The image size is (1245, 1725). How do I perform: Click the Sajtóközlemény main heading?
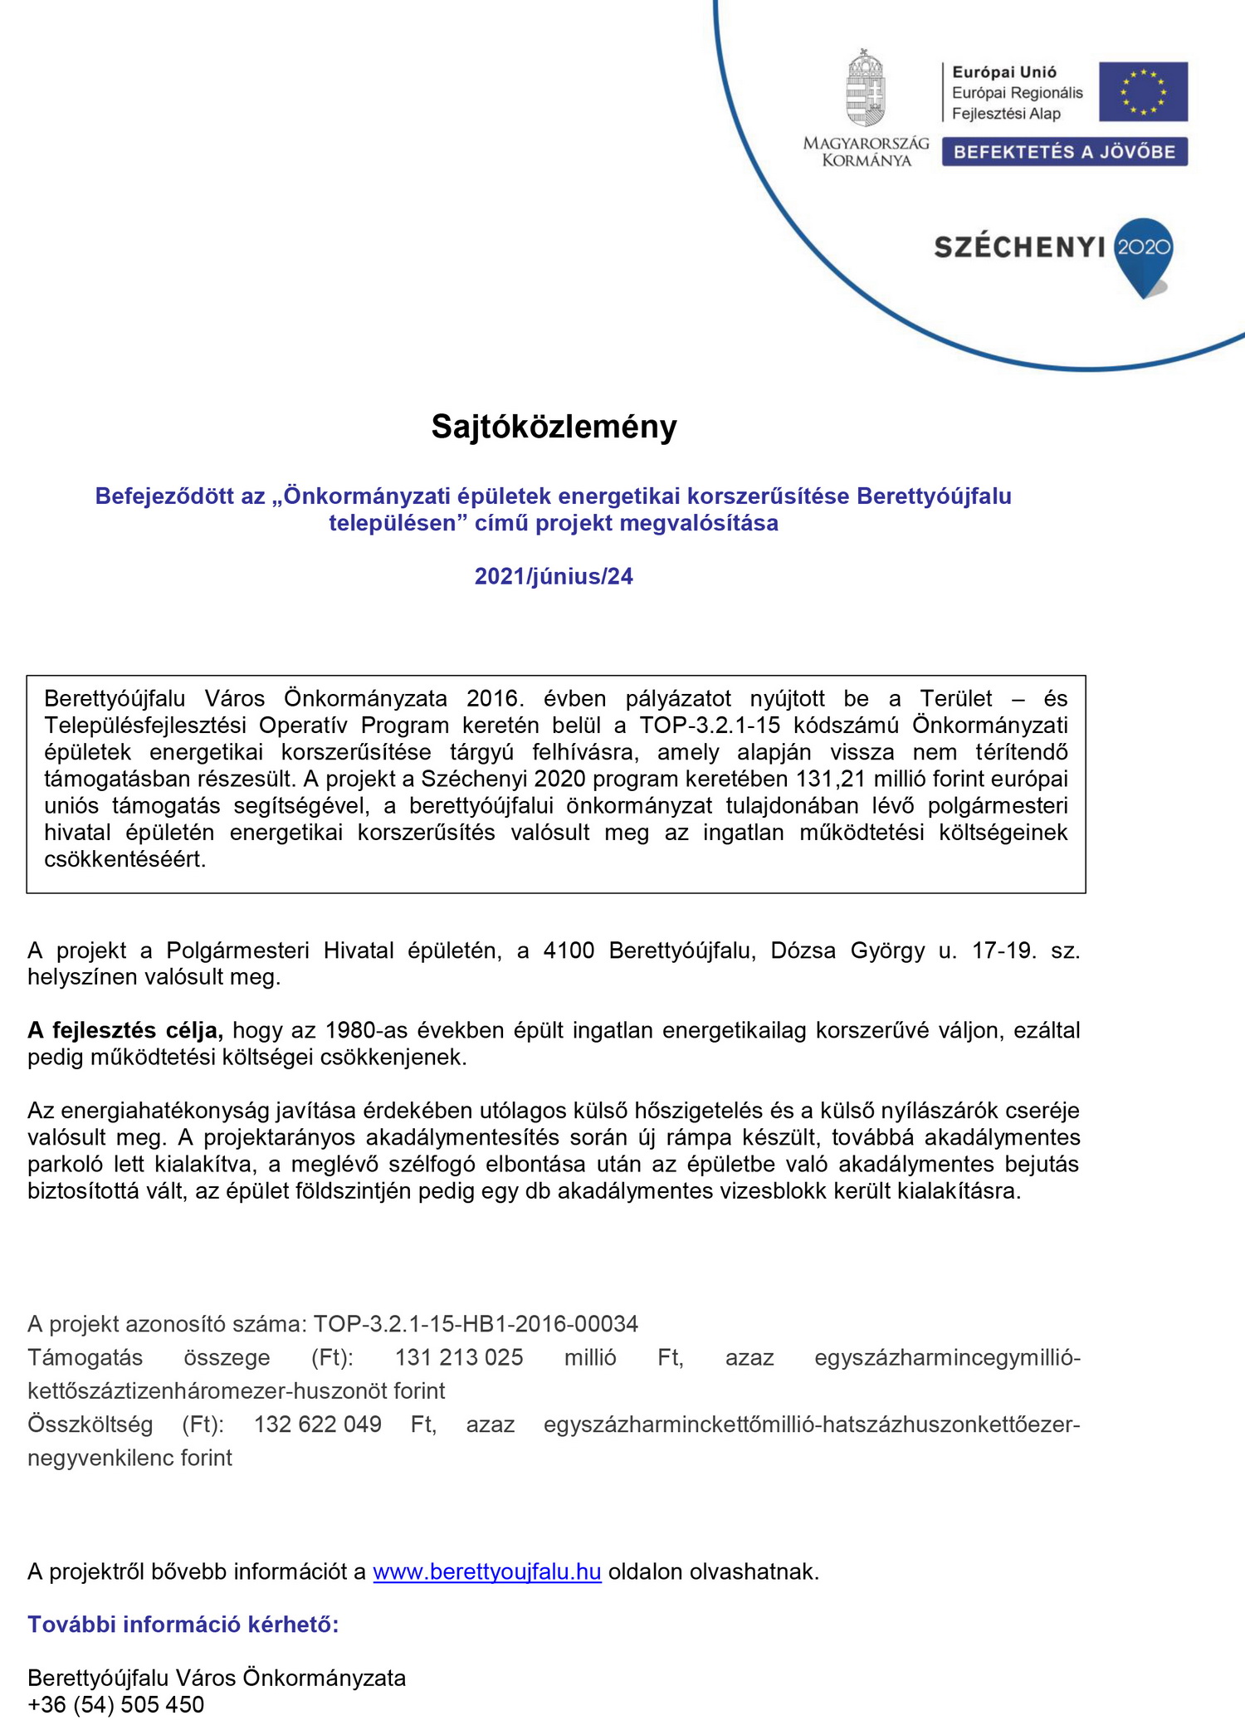tap(554, 427)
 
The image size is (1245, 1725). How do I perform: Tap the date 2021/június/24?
tap(554, 576)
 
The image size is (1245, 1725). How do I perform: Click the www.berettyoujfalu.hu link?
tap(487, 1571)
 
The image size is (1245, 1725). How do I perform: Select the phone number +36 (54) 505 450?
tap(116, 1704)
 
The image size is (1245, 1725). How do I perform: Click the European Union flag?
tap(1143, 92)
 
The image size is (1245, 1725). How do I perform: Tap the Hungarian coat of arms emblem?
tap(866, 89)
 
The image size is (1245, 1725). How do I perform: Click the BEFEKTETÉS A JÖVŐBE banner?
tap(1064, 152)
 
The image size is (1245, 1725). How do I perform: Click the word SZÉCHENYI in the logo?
tap(1019, 247)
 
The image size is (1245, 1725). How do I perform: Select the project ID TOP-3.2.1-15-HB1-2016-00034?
tap(476, 1323)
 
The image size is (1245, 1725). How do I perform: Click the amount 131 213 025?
tap(459, 1357)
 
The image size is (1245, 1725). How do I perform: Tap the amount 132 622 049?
tap(318, 1424)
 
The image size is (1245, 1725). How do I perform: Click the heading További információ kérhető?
tap(183, 1625)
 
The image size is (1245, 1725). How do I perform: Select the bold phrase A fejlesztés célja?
tap(125, 1030)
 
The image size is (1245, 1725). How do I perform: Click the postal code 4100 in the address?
tap(569, 950)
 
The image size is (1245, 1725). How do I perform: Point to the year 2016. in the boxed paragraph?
tap(495, 698)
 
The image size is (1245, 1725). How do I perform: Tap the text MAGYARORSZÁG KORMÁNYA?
tap(867, 152)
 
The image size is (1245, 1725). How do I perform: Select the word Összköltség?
tap(90, 1424)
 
